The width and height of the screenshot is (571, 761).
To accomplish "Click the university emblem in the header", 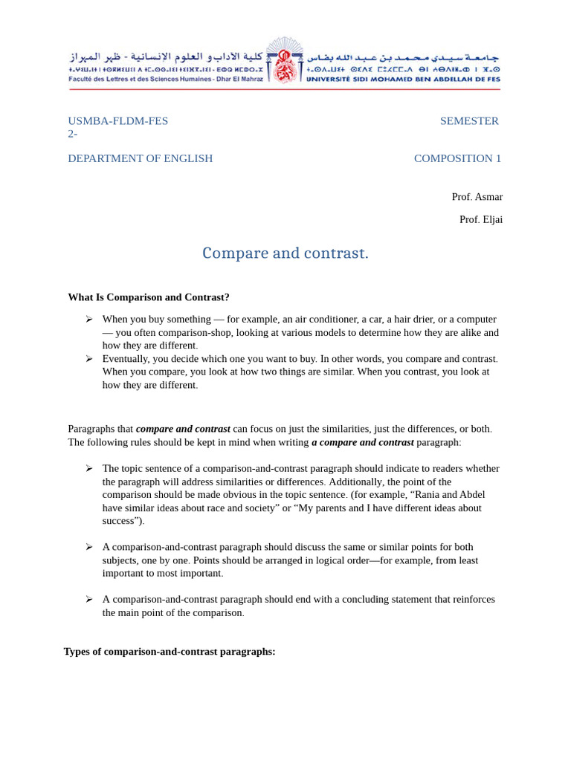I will (285, 61).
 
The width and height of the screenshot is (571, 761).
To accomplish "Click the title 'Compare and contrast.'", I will (285, 253).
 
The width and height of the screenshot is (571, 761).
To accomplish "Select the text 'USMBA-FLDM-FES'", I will (118, 121).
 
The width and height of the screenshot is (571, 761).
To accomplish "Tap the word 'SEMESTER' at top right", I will (469, 121).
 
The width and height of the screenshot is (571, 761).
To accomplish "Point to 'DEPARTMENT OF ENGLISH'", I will (141, 158).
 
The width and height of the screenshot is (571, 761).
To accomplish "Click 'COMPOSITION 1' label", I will (457, 158).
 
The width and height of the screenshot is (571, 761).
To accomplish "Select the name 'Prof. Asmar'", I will (477, 197).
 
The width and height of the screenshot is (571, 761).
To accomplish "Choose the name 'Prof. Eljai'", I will (480, 219).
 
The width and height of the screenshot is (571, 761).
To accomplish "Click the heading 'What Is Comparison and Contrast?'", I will (149, 297).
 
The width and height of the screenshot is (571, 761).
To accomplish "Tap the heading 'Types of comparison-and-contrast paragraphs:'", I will (170, 652).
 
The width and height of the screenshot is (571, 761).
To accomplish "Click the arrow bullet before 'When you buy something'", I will (89, 319).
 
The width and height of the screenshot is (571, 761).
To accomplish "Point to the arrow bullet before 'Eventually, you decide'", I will (89, 358).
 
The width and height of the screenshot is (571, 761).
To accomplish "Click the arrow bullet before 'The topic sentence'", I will (89, 468).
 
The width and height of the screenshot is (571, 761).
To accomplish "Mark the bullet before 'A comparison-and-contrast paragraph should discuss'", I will (89, 547).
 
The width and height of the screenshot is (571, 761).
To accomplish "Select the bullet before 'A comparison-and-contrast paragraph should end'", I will (89, 599).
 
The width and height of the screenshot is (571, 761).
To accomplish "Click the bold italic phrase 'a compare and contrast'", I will (362, 442).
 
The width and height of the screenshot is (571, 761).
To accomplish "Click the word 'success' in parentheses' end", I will (119, 521).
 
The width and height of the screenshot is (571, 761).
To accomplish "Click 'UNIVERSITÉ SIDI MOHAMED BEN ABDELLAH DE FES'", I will (403, 79).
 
